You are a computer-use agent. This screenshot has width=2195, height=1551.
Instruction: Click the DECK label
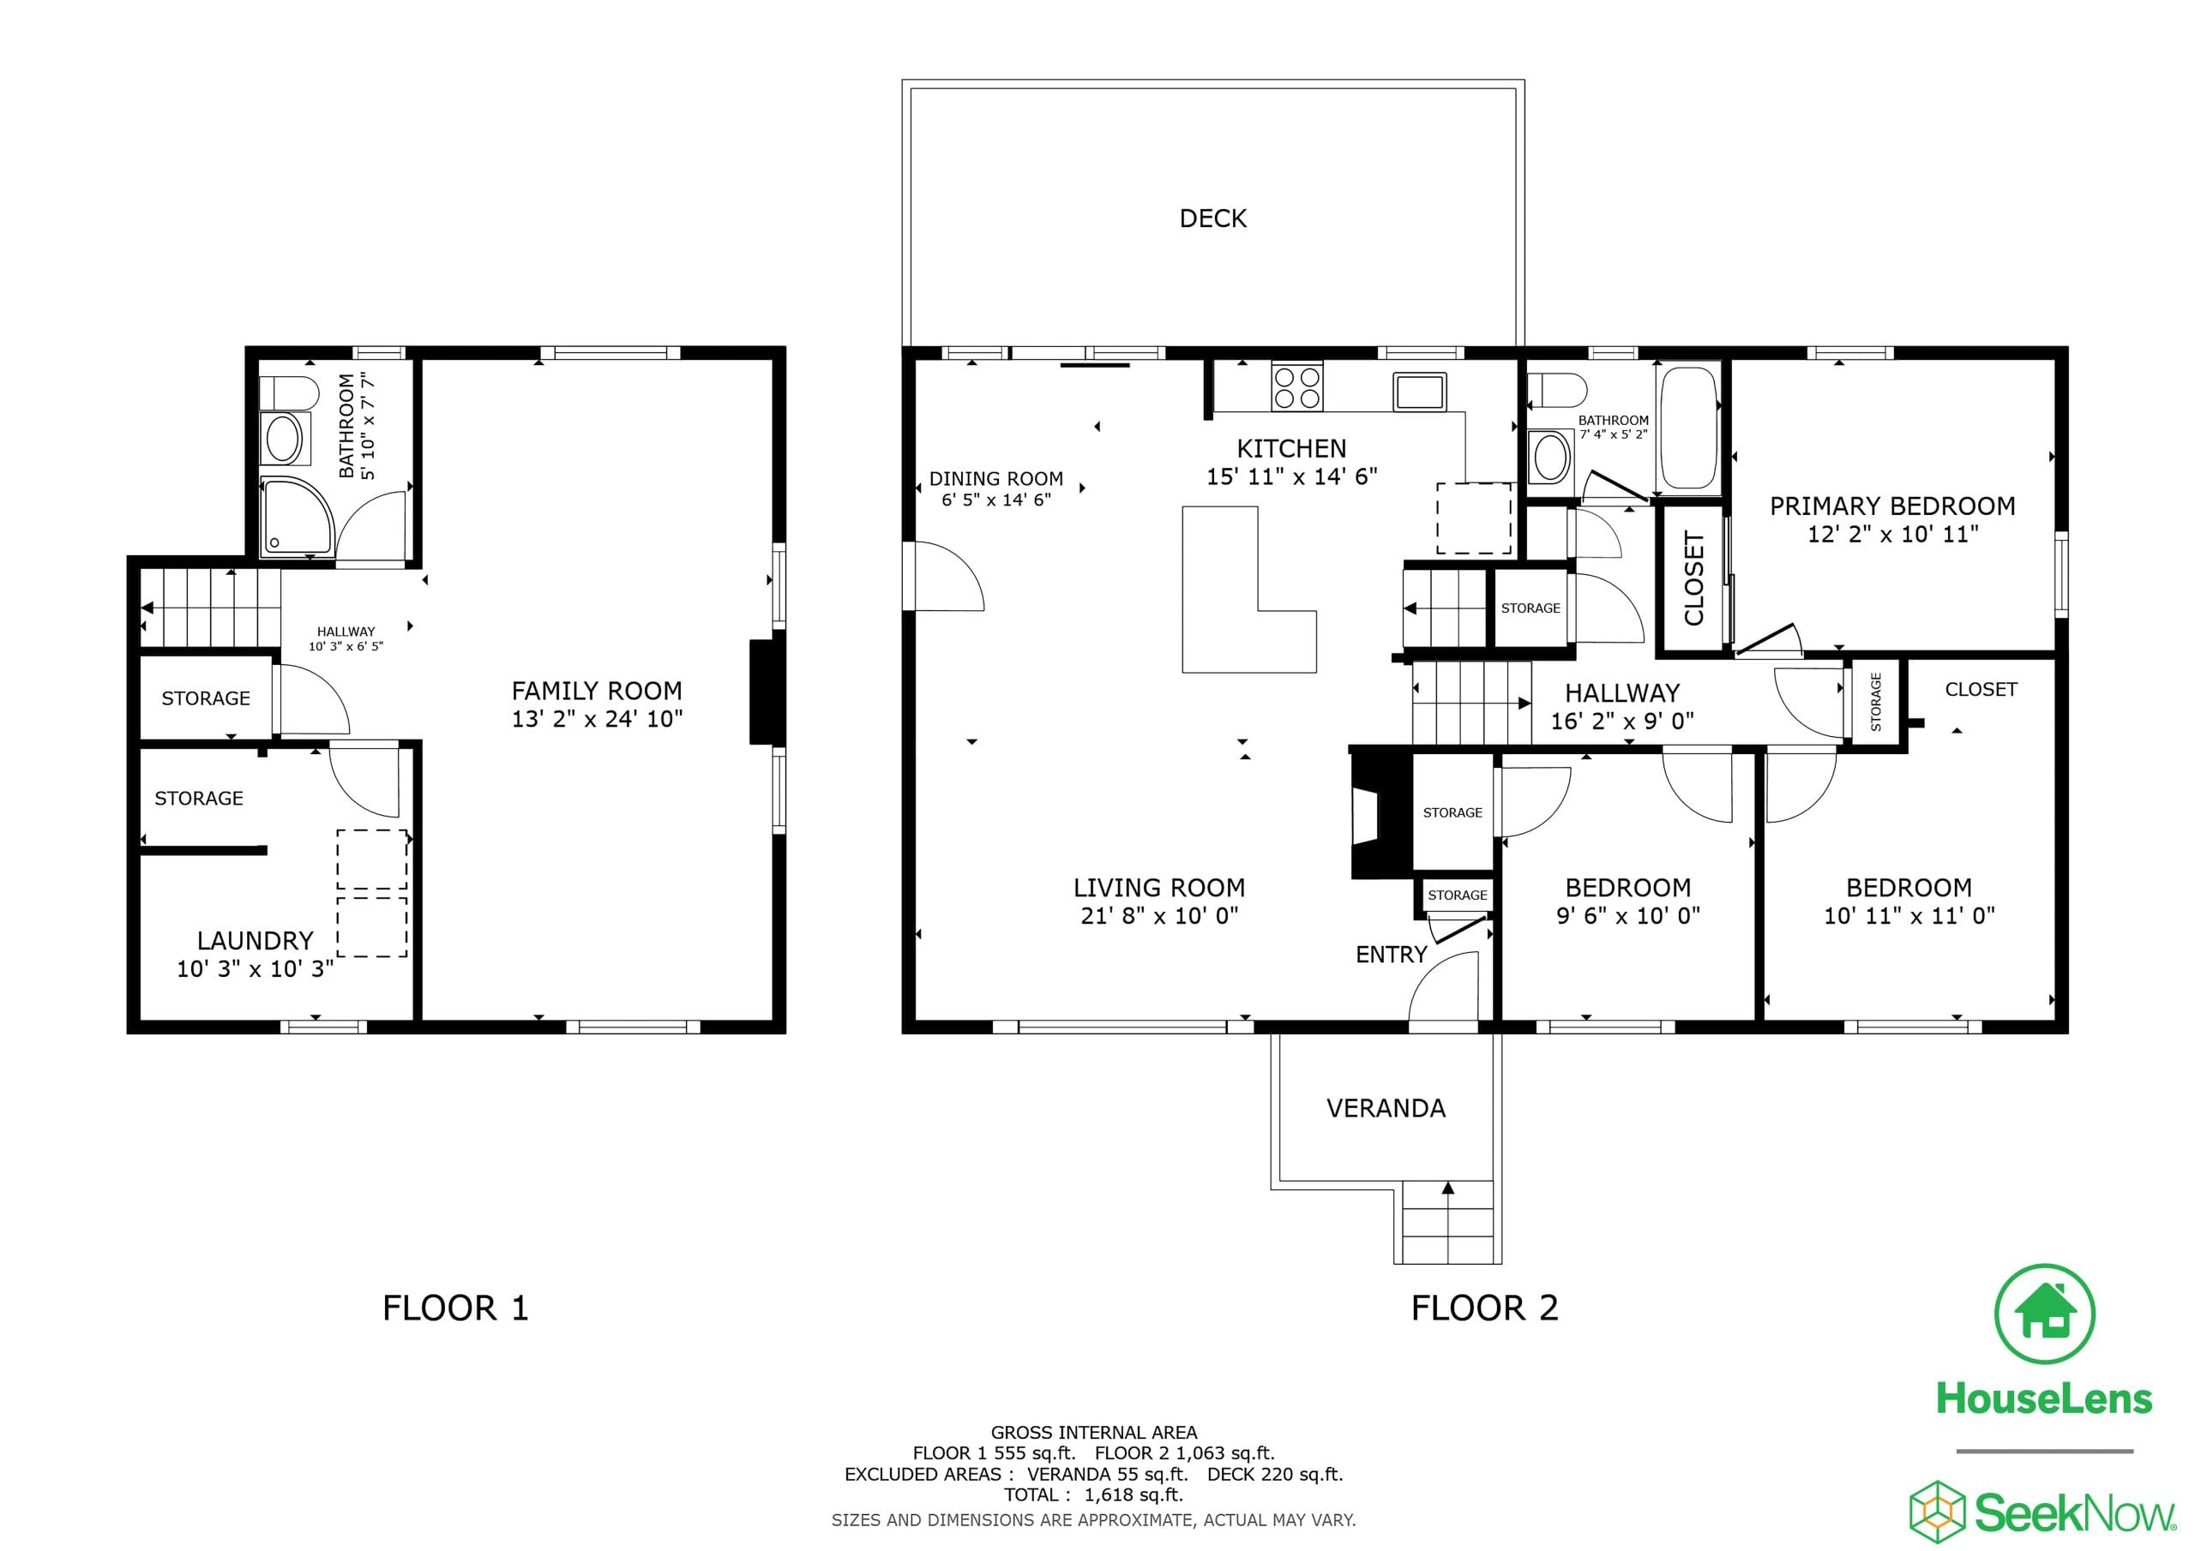click(1212, 219)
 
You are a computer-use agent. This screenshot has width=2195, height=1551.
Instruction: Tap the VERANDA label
click(1386, 1109)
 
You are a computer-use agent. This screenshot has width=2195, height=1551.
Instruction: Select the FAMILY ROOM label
click(597, 691)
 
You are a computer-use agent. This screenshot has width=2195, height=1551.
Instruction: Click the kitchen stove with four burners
click(1297, 387)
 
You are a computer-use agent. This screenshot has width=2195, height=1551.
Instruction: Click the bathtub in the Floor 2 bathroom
click(1690, 428)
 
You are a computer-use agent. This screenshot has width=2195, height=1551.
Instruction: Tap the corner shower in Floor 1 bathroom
click(298, 517)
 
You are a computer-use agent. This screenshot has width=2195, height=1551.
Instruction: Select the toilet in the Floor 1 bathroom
click(289, 392)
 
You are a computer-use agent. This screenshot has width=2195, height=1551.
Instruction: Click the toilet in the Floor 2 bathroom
click(1556, 391)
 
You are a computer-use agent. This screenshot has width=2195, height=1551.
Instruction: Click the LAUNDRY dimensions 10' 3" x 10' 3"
click(256, 969)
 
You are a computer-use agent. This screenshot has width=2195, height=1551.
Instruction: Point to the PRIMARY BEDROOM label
click(1892, 506)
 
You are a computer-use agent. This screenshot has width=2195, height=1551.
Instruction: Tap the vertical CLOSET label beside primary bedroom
click(1694, 579)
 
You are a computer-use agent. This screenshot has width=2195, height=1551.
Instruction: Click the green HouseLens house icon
click(2045, 1314)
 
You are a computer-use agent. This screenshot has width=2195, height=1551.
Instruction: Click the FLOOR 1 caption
click(455, 1308)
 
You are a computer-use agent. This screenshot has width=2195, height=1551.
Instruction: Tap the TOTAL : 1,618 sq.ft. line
click(1094, 1494)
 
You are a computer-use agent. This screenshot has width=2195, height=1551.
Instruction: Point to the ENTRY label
click(1391, 955)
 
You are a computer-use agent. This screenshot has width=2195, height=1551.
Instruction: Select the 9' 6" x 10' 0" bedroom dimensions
click(1628, 915)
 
